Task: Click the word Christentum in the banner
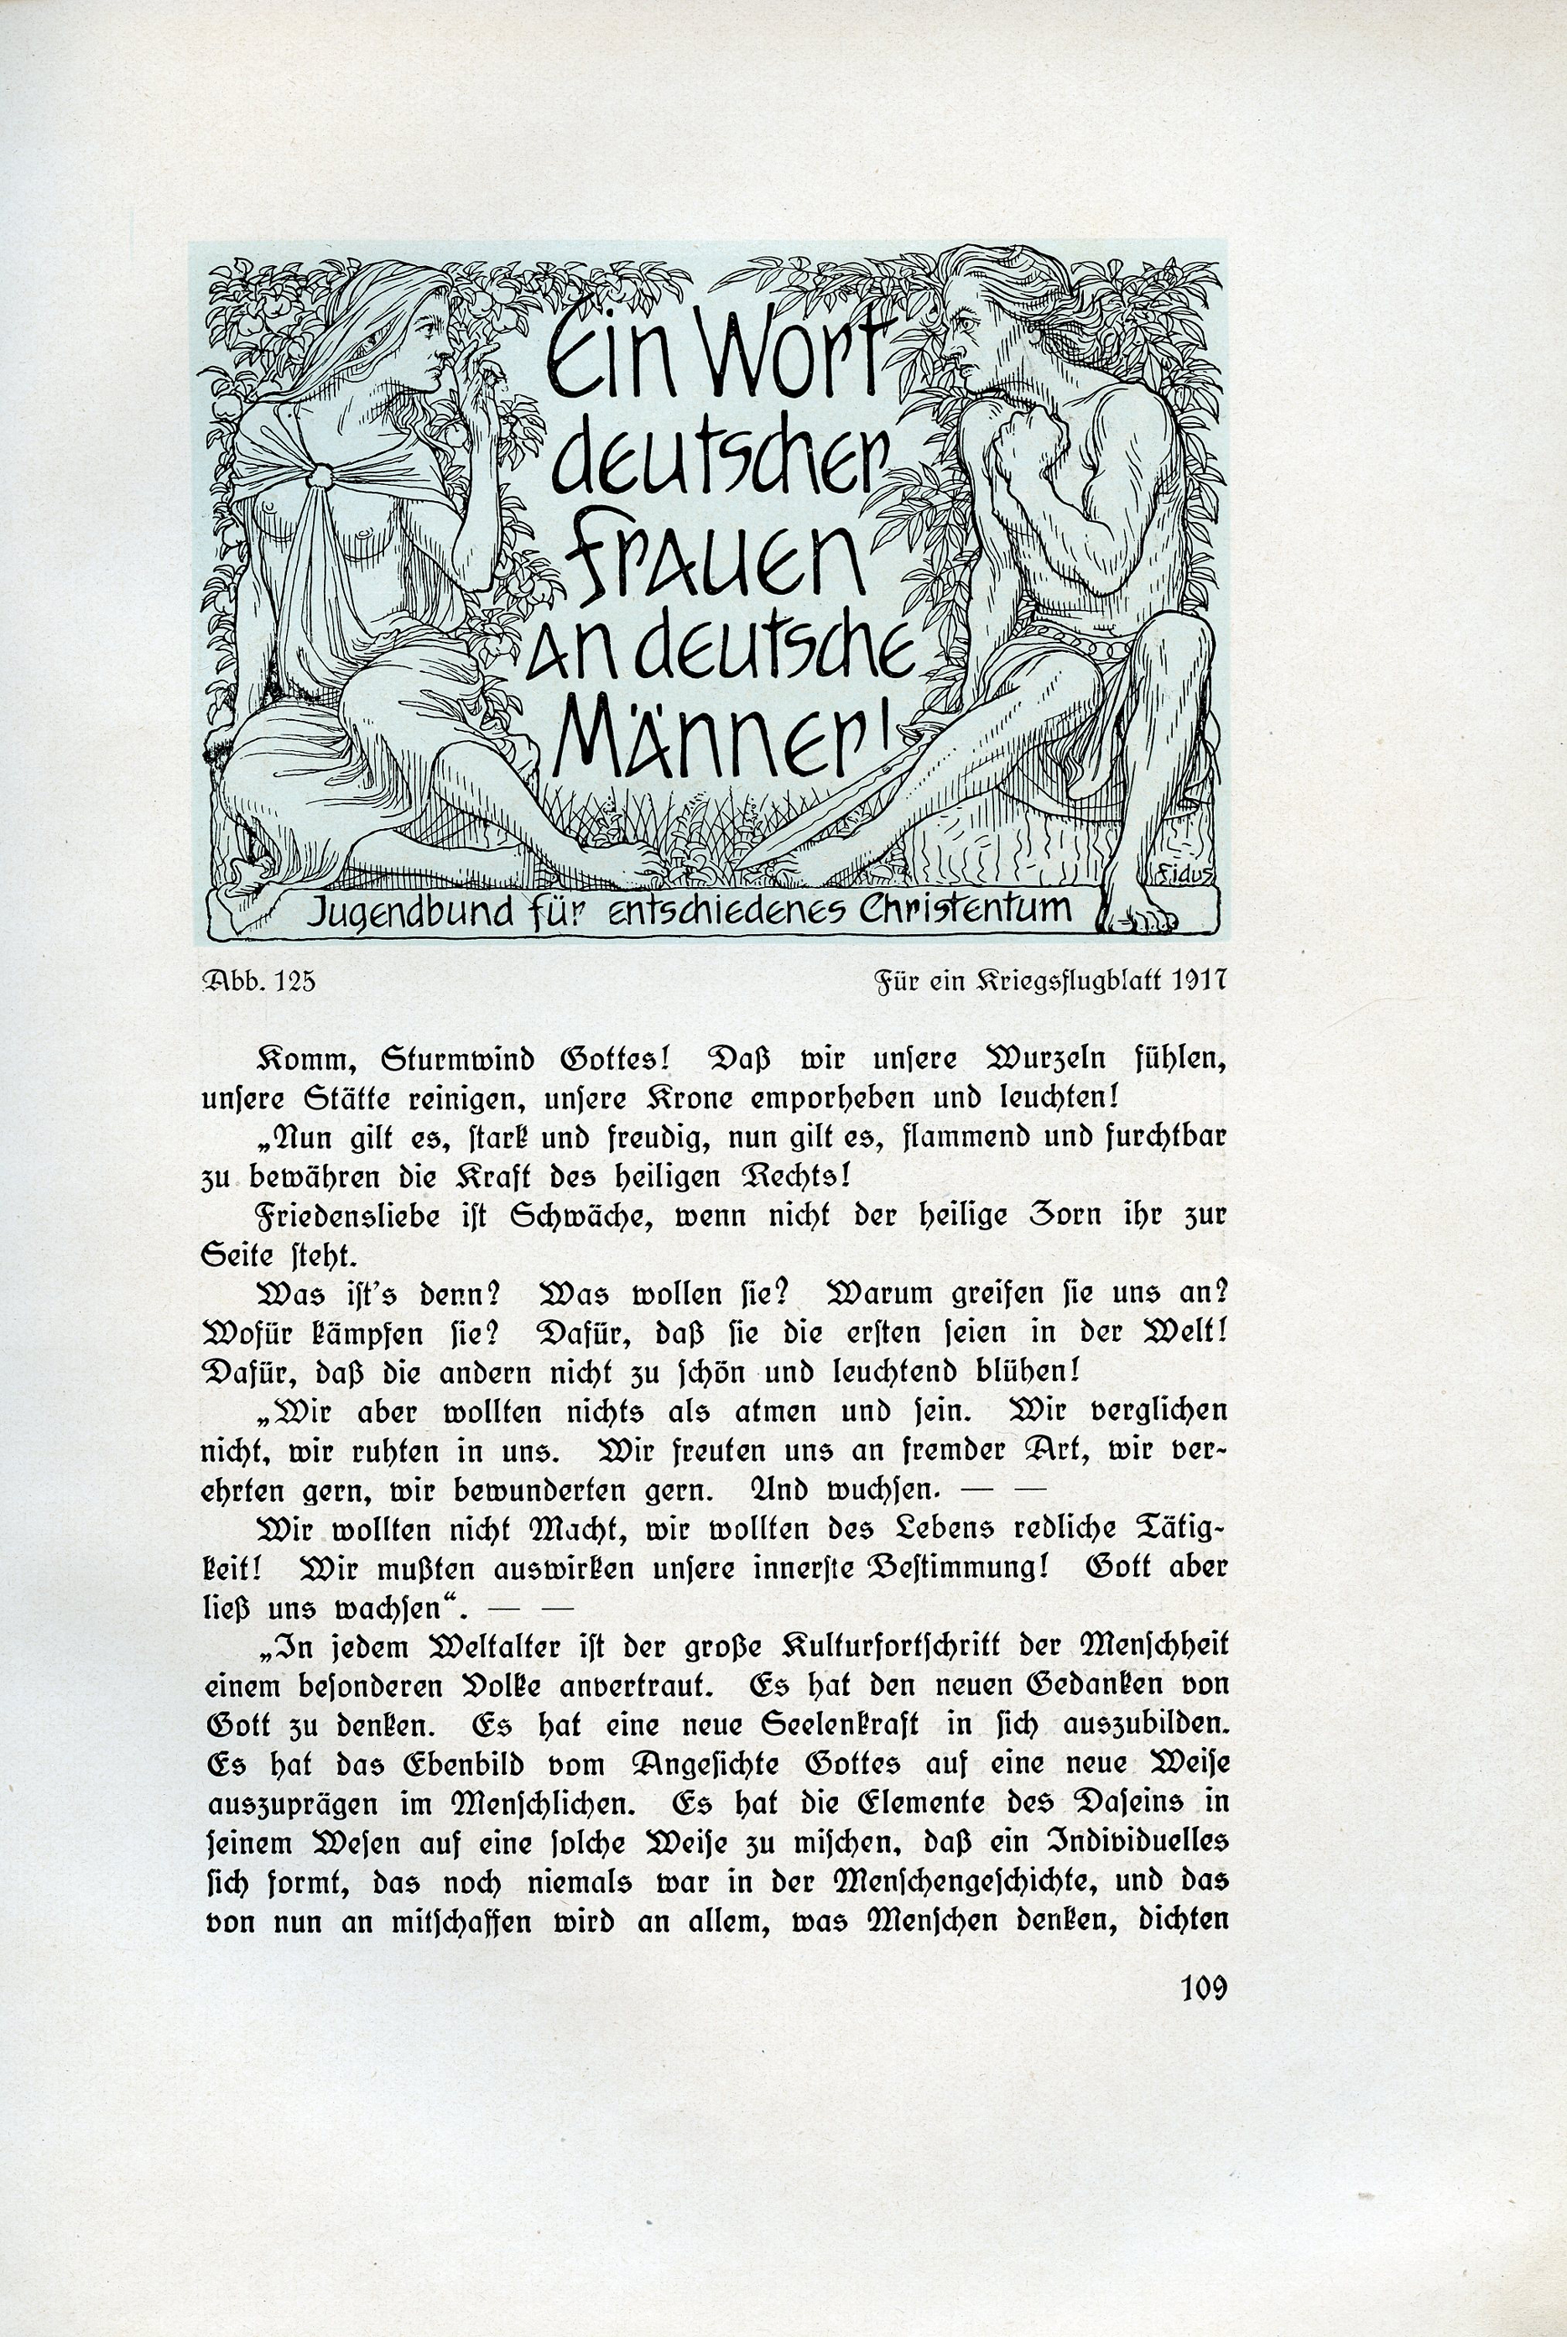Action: pos(967,908)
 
